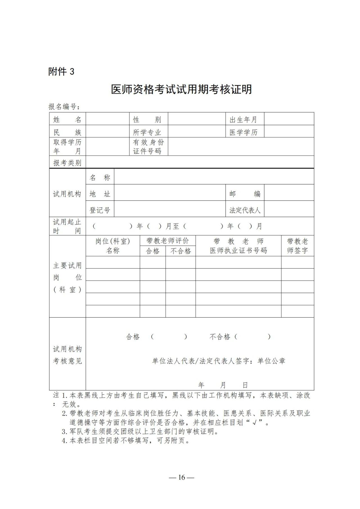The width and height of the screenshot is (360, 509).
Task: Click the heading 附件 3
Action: [61, 72]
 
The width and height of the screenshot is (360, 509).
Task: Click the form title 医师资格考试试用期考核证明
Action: [181, 89]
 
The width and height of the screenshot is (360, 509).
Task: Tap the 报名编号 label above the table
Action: [64, 107]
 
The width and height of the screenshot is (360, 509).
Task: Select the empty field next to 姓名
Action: [107, 119]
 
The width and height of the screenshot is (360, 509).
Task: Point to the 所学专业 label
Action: [147, 132]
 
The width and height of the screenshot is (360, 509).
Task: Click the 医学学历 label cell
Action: [243, 132]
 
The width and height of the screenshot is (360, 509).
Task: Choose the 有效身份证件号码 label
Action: [148, 147]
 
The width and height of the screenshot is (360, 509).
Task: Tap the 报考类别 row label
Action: [67, 163]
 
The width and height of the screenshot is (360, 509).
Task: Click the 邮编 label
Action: [245, 194]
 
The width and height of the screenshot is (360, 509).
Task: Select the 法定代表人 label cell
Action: [245, 210]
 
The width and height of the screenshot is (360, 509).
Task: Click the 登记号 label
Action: [100, 210]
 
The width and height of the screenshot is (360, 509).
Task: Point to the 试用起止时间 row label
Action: [67, 226]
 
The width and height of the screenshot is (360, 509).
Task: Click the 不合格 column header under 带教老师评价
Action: [181, 251]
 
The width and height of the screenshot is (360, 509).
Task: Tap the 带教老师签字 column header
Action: [297, 246]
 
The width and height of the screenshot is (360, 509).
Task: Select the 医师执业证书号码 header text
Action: [238, 251]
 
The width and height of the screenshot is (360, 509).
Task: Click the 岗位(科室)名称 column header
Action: [112, 246]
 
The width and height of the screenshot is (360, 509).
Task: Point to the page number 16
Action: [181, 477]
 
